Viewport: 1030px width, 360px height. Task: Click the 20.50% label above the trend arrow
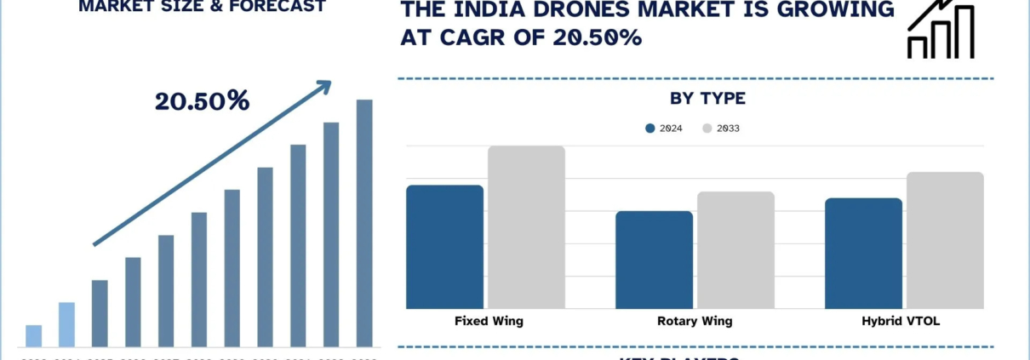202,101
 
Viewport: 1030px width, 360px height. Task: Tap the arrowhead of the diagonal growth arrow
324,85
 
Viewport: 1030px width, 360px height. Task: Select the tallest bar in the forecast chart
364,223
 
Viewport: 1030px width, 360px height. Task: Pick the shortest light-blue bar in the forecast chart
34,335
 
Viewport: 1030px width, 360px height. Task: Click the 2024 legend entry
664,129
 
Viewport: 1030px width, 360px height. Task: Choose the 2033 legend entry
722,129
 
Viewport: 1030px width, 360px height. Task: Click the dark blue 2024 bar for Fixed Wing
444,247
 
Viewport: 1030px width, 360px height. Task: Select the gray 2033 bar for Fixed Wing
526,227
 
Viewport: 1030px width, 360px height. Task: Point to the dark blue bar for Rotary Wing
654,260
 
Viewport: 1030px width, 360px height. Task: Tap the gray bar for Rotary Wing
735,250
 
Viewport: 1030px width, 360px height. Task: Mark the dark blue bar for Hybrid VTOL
863,254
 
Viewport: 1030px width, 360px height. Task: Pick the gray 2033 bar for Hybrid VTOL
945,240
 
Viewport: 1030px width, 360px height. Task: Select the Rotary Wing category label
694,321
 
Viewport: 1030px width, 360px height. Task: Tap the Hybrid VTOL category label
904,321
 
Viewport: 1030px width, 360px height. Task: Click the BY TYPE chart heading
707,99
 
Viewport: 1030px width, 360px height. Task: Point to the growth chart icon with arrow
941,30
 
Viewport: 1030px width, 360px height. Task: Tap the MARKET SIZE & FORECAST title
202,7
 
